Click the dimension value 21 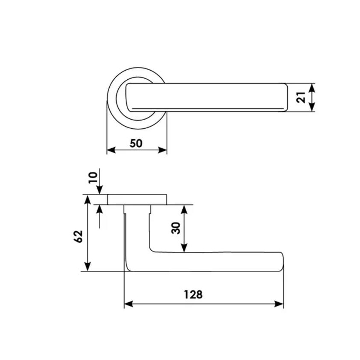coord(301,97)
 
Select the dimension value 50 coord(136,143)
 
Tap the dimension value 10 coord(93,178)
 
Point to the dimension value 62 coord(78,236)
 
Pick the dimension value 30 coord(176,228)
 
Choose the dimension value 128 coord(193,295)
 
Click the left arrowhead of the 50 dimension coord(111,150)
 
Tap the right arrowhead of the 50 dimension coord(162,150)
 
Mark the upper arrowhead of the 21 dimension coord(311,88)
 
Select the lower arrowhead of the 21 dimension coord(311,107)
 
